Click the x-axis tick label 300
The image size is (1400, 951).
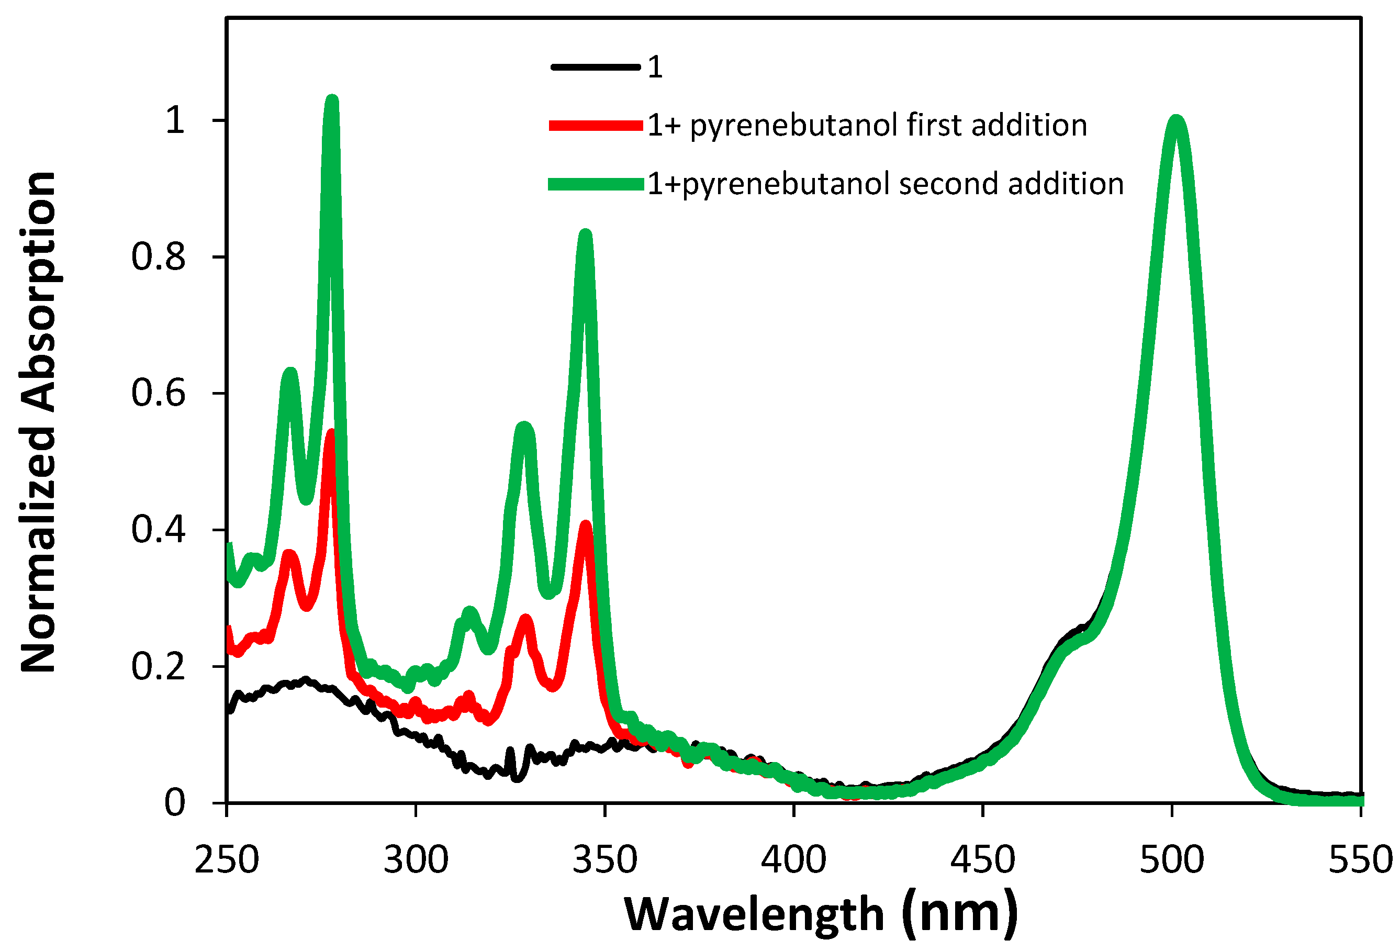tap(416, 859)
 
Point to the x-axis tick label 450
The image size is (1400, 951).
tap(982, 859)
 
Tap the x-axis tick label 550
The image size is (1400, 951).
tap(1360, 859)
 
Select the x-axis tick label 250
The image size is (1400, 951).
tap(227, 859)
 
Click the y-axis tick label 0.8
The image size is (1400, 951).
tap(158, 256)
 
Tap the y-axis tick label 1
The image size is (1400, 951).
tap(175, 120)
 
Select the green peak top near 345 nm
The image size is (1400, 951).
tap(585, 235)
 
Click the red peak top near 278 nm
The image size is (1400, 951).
tap(331, 434)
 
